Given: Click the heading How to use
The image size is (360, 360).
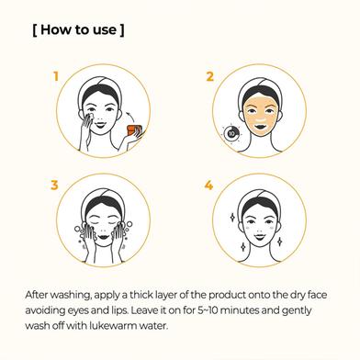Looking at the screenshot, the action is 78,30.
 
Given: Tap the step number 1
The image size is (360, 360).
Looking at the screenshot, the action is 56,76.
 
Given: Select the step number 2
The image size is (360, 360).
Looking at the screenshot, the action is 209,76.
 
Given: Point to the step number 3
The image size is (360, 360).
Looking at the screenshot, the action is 54,186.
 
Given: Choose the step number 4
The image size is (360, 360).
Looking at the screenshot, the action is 208,186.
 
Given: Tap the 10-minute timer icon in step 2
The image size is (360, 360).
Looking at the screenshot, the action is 231,133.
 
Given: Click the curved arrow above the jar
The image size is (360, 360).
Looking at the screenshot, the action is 130,117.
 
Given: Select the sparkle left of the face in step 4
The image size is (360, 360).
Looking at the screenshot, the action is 232,218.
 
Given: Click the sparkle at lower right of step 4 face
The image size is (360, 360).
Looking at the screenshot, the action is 279,242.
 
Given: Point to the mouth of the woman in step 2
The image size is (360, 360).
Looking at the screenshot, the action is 261,126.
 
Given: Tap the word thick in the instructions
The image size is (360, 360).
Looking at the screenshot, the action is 142,295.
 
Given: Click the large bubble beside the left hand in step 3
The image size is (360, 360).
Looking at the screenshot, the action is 77,229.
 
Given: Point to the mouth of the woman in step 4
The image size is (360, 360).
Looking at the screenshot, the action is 259,237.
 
